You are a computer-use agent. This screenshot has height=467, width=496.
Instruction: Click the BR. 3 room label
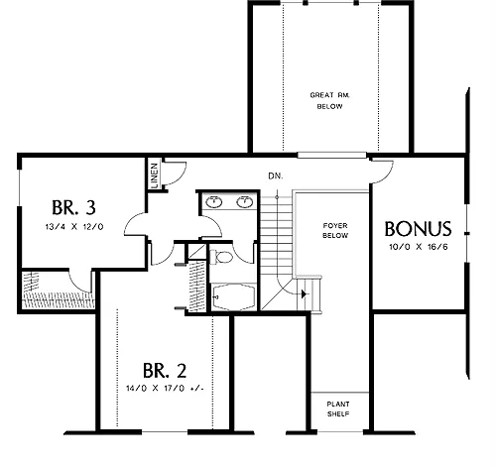(x=73, y=207)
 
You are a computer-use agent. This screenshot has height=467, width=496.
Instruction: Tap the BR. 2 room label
(x=165, y=371)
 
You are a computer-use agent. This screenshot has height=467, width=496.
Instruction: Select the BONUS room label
(x=418, y=229)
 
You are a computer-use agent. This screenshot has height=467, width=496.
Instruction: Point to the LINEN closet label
(x=154, y=175)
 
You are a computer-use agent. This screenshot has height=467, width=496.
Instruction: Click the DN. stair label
(x=276, y=176)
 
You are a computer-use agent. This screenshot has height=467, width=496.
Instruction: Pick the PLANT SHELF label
(x=338, y=409)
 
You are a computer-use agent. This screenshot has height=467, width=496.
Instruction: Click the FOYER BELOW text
(x=335, y=231)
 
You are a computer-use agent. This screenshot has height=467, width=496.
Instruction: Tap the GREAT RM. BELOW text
(x=329, y=101)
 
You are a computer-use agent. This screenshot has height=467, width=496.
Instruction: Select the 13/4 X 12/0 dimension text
(x=74, y=227)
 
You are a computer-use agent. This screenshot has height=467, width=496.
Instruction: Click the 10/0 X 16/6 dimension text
(x=419, y=247)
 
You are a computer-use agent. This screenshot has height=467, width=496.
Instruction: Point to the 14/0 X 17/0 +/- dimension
(x=165, y=388)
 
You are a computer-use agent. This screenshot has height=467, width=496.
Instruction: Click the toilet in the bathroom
(x=221, y=257)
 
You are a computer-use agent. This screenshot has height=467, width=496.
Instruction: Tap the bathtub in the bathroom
(x=234, y=296)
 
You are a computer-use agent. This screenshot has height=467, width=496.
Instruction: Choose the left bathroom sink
(x=213, y=202)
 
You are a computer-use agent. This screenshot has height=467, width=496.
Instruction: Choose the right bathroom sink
(x=245, y=202)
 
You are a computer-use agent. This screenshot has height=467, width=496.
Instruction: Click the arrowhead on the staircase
(x=305, y=293)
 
